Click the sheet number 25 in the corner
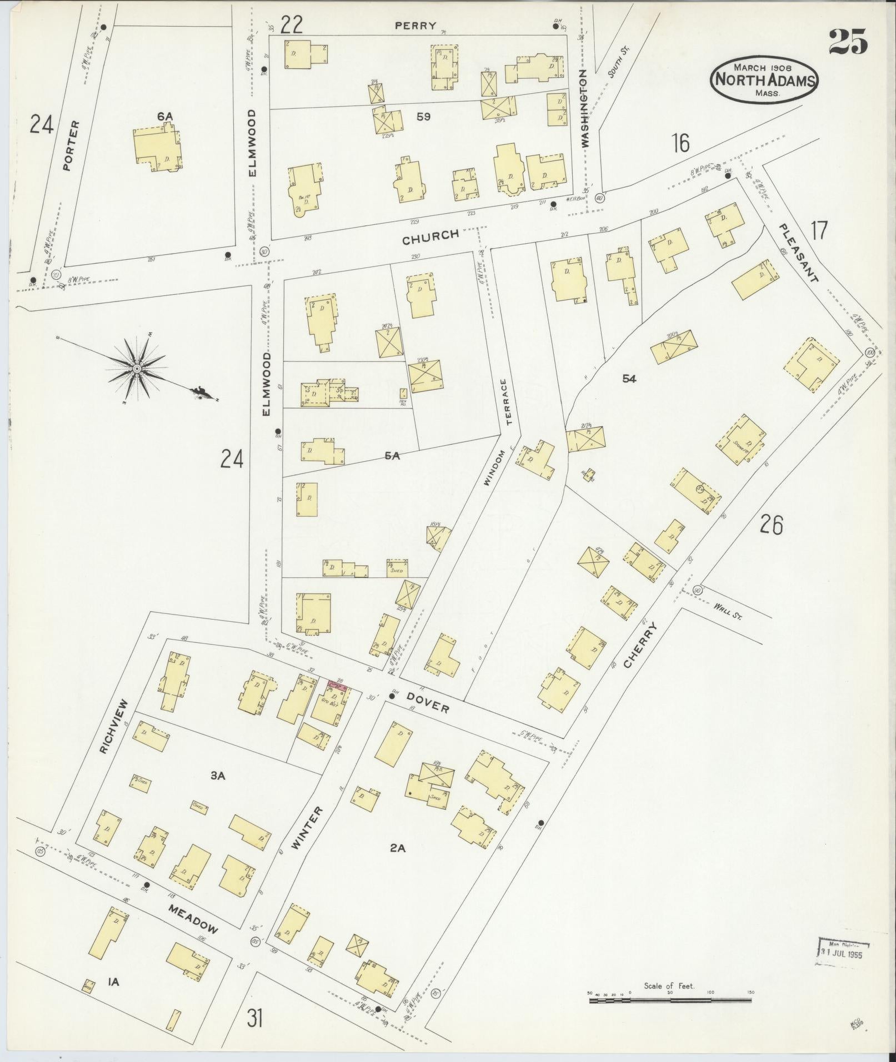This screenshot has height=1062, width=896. [x=848, y=42]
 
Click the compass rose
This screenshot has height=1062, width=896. [x=137, y=368]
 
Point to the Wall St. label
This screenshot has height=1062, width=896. [x=728, y=613]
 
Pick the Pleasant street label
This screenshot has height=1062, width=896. [x=798, y=253]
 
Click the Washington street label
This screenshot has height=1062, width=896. [x=583, y=108]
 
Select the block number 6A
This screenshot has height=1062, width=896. [x=165, y=116]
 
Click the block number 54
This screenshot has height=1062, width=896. [x=629, y=379]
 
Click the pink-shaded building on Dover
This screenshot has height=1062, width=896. [x=338, y=686]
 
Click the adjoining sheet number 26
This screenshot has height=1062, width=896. [x=771, y=524]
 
